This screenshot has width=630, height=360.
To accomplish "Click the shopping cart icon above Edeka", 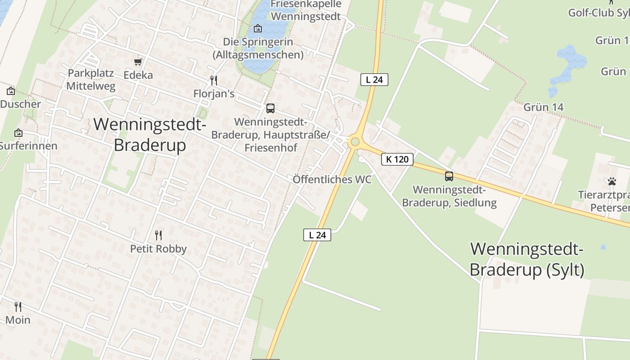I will coord(138,62).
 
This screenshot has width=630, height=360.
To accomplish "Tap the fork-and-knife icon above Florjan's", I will coord(214,81).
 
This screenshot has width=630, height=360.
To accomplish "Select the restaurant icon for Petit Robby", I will coord(158,235).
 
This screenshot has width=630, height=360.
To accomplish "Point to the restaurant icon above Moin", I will coord(18,307).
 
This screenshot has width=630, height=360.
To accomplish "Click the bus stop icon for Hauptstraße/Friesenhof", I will coord(270,108).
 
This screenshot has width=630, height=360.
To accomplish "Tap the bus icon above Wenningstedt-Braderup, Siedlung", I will coord(449,176).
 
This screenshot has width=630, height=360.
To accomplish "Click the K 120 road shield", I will coord(397,159).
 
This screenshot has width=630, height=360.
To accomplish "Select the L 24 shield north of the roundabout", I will coord(374,80).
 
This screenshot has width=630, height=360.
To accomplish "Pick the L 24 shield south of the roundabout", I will coord(317,234).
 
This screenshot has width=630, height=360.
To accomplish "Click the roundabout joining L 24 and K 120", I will coord(355,142).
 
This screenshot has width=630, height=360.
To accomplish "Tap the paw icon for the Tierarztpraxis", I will coord(612,181).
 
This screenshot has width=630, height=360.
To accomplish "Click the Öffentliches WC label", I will coord(332,180).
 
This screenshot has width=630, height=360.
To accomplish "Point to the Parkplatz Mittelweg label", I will coord(91,80).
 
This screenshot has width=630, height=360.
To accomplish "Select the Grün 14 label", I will coord(543,107).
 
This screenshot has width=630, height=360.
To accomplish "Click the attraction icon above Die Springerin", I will coord(258,29).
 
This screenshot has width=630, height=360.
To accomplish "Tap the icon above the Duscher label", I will coord(11,91).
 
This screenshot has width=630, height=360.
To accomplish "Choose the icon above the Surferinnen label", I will coord(18,133).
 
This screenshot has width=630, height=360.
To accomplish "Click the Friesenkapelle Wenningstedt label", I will coord(306,10).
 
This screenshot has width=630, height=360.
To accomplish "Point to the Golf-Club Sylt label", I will coord(598,13).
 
